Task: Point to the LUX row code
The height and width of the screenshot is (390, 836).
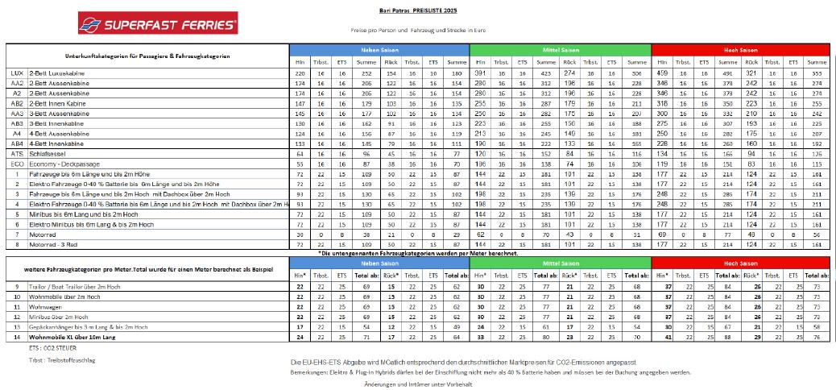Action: coord(17,73)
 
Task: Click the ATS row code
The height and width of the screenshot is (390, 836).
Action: coord(17,152)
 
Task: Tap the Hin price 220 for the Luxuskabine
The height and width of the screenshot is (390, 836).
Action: coord(300,73)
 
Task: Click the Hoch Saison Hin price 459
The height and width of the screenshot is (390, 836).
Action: coord(662,73)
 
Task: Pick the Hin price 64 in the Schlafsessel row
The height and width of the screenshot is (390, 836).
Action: coord(300,152)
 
